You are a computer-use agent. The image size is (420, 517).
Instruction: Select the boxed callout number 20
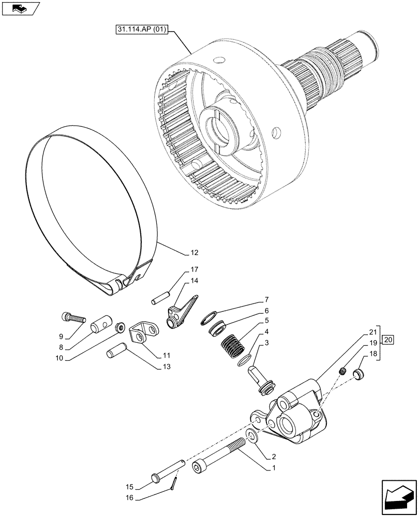(x=389, y=340)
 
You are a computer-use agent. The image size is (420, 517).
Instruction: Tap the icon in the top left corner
(x=20, y=8)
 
